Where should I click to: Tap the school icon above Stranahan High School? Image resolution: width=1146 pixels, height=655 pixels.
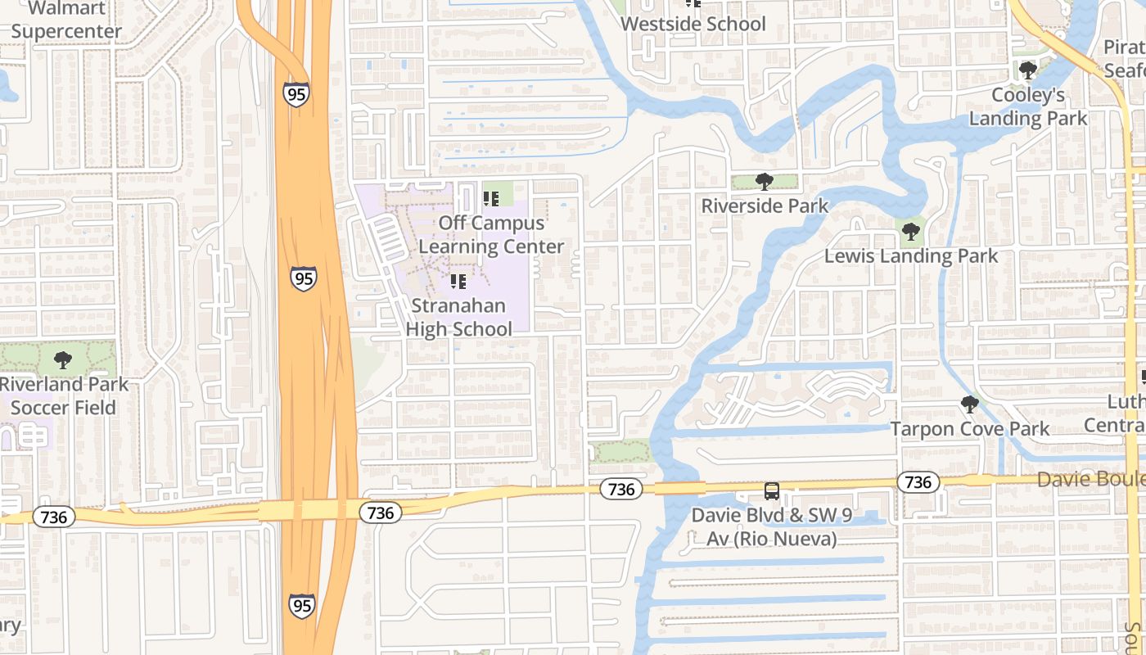tap(458, 282)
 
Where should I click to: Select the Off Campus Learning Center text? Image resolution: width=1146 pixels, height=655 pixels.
tap(491, 234)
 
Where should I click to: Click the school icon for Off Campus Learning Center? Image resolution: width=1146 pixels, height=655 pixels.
tap(491, 199)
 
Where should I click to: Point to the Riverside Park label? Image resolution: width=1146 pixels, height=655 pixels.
tap(765, 206)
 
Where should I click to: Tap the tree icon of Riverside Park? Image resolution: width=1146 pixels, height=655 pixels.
tap(765, 182)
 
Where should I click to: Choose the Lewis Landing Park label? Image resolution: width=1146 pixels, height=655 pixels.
tap(910, 255)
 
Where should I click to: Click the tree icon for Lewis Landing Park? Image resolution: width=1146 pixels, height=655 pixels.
tap(910, 233)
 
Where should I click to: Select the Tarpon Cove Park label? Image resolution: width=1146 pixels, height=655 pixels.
tap(969, 428)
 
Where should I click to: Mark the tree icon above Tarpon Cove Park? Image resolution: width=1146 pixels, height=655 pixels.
tap(969, 404)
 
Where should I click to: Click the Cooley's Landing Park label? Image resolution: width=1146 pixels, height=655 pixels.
tap(1028, 106)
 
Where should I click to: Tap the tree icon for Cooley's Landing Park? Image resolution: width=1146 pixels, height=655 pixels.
tap(1028, 70)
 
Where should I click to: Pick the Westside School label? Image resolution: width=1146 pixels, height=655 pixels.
tap(693, 24)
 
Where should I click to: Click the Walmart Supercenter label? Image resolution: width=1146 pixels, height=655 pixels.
tap(66, 20)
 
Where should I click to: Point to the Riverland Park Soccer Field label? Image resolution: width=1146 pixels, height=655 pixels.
tap(63, 395)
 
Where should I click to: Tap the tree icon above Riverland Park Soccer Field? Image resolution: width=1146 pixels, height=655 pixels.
tap(62, 360)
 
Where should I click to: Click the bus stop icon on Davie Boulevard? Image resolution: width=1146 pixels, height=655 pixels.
tap(771, 491)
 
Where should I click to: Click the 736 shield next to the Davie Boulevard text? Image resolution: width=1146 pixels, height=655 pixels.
tap(918, 482)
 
